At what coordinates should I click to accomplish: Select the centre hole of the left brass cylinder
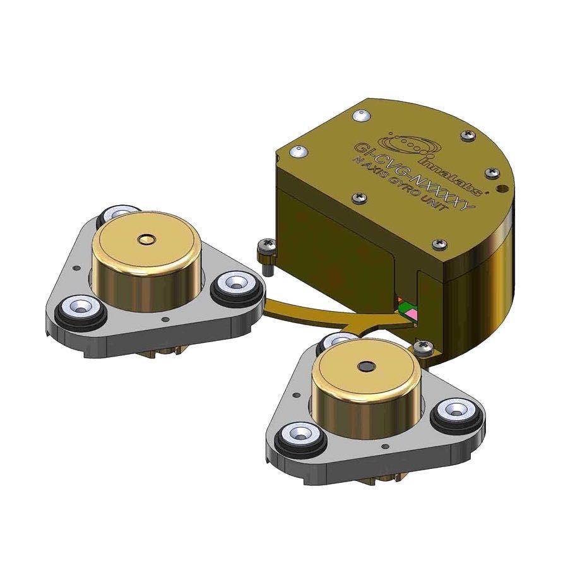pyautogui.click(x=148, y=239)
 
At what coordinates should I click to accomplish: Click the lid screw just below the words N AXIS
pyautogui.click(x=360, y=198)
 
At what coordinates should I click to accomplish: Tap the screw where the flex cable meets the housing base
pyautogui.click(x=422, y=345)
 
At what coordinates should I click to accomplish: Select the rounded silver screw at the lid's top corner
pyautogui.click(x=361, y=116)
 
